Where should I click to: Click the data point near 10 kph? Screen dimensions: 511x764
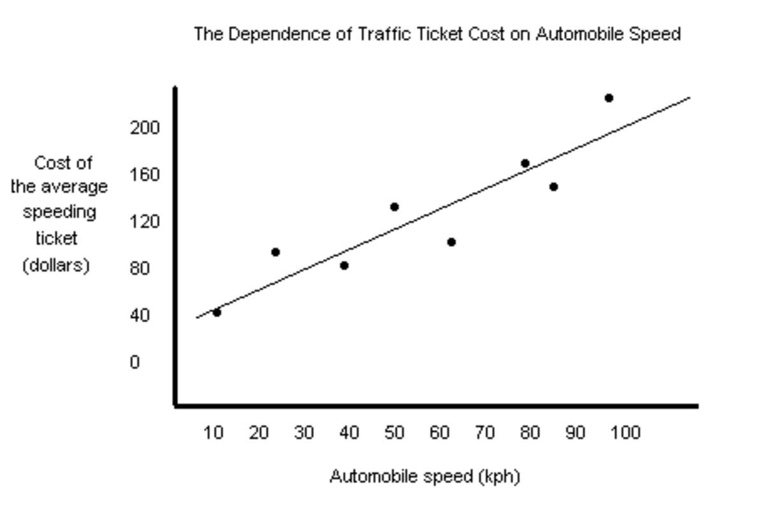coord(216,312)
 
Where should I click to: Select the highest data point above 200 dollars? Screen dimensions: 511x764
coord(609,98)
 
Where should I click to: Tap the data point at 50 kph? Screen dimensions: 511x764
coord(394,207)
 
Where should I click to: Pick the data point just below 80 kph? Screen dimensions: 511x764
coord(525,164)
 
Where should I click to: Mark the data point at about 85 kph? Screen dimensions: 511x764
coord(553,187)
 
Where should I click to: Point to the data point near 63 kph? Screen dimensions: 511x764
coord(451,242)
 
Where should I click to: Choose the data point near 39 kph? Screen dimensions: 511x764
coord(344,265)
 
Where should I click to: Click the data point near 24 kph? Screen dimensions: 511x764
coord(275,252)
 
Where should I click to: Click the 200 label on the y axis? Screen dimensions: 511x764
coord(145,128)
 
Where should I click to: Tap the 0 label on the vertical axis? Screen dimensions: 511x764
coord(134,362)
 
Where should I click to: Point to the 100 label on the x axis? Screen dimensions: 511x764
coord(625,433)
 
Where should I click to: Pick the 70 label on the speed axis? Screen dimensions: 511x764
coord(485,433)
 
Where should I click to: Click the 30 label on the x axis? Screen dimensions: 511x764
coord(304,433)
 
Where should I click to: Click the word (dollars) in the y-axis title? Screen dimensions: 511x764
coord(56,265)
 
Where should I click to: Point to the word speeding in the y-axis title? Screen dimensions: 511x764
coord(59,212)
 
